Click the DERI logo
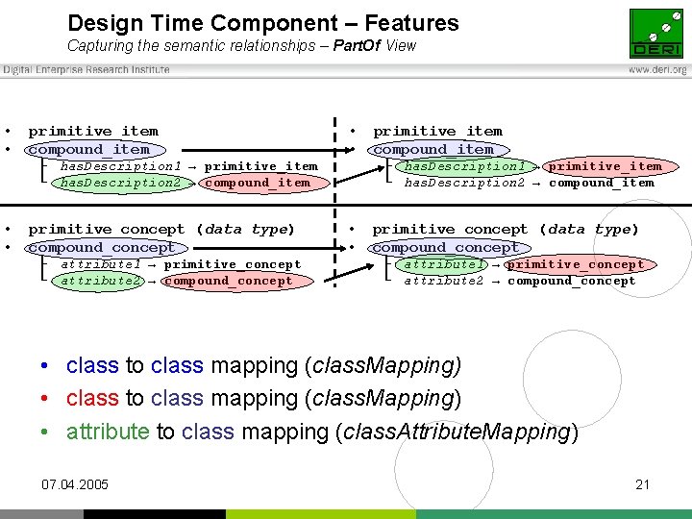coord(656,34)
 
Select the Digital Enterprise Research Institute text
coord(86,69)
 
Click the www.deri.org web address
coord(657,70)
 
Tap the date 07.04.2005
coord(76,484)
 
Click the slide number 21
coord(643,484)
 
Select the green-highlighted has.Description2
coord(120,183)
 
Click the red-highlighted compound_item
coord(257,183)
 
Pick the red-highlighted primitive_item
coord(605,166)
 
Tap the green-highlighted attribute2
coord(101,281)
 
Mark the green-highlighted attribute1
coord(445,264)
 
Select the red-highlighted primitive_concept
coord(575,264)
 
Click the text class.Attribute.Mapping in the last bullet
coord(456,432)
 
